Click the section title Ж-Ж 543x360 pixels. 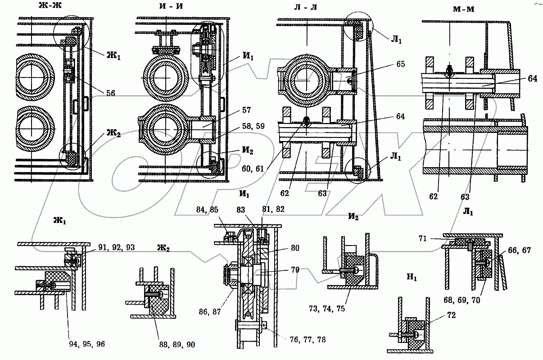point(50,5)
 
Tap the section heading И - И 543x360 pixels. point(171,6)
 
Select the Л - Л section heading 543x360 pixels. point(306,7)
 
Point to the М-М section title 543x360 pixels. point(463,9)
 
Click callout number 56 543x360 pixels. point(111,93)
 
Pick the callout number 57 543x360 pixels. point(246,110)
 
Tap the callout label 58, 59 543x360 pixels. point(253,126)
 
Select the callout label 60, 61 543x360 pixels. point(253,169)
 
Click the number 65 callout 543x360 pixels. point(400,64)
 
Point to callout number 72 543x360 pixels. point(451,315)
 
